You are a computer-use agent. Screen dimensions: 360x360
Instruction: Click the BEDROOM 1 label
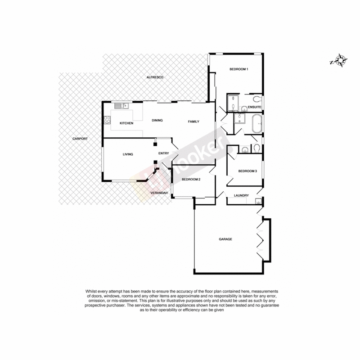(x=239, y=69)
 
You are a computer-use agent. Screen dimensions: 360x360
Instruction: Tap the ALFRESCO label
(x=154, y=78)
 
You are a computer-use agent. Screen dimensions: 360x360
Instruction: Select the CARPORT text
(x=80, y=139)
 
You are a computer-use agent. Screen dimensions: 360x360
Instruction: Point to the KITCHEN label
(x=126, y=123)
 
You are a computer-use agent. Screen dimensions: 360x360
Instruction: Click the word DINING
(x=157, y=120)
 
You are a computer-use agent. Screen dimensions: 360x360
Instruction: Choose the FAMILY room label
(x=193, y=121)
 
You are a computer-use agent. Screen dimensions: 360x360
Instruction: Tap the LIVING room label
(x=128, y=154)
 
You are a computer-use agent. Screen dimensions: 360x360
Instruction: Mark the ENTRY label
(x=163, y=153)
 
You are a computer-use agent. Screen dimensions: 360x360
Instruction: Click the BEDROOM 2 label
(x=191, y=180)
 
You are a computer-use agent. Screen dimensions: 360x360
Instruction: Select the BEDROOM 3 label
(x=247, y=171)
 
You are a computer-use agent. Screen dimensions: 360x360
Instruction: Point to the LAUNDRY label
(x=242, y=195)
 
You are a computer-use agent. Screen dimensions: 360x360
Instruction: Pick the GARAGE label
(x=225, y=239)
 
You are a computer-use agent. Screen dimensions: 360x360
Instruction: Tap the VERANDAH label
(x=159, y=193)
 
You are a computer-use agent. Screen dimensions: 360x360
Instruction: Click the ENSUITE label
(x=254, y=107)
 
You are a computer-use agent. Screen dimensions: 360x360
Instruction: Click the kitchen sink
(x=121, y=106)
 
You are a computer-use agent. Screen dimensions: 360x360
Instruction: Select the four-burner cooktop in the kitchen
(x=108, y=120)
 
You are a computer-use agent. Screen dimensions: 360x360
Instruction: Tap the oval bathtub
(x=257, y=124)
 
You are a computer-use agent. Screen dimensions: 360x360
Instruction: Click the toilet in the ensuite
(x=256, y=99)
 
